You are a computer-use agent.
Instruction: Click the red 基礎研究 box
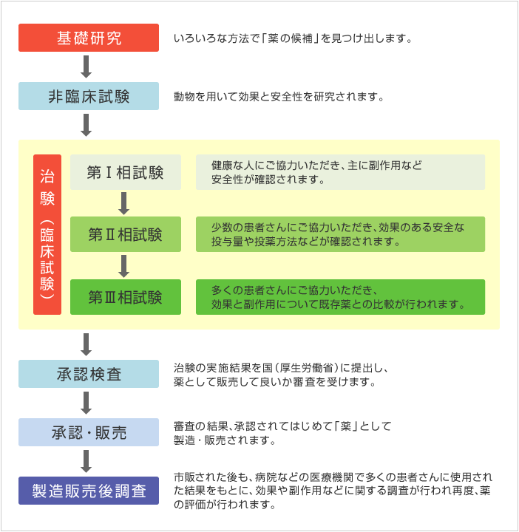click(89, 38)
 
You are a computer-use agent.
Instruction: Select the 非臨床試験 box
click(89, 96)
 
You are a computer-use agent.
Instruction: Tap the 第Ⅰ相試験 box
click(126, 172)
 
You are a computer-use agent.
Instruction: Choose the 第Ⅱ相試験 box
click(126, 234)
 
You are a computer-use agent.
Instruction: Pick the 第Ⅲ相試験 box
click(126, 297)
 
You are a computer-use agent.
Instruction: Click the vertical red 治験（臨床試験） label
click(47, 234)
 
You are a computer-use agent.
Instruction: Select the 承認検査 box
click(89, 374)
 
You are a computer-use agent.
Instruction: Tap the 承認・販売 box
click(89, 432)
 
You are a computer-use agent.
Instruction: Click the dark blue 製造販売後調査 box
click(89, 491)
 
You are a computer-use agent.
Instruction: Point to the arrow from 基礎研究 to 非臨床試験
click(86, 66)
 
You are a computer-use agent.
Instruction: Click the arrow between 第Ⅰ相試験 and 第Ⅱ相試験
click(124, 204)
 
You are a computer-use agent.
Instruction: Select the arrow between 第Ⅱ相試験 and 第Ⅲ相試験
click(124, 266)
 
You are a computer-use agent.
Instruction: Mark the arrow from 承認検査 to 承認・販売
click(86, 403)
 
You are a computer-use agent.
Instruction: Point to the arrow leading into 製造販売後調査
click(86, 461)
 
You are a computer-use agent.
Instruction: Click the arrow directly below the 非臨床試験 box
click(86, 125)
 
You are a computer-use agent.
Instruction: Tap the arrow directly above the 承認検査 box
click(86, 345)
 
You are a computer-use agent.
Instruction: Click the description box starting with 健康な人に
click(341, 172)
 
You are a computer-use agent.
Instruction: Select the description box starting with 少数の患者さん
click(341, 234)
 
